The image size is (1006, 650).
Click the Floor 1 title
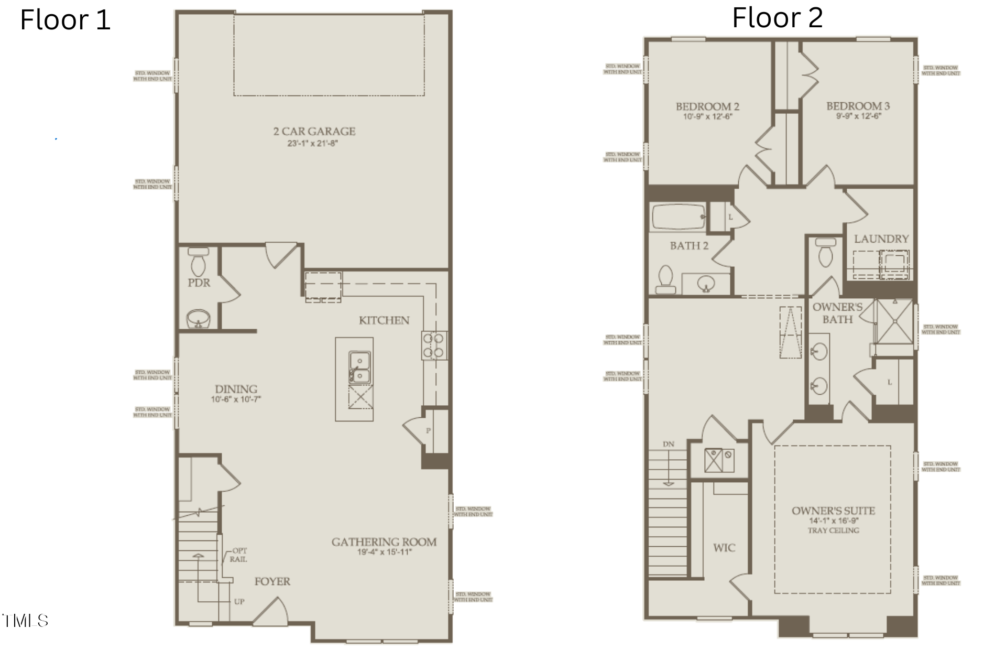65,20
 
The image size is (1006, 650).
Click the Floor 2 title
777,18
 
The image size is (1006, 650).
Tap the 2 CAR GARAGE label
314,131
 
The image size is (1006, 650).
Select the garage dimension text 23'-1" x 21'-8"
313,143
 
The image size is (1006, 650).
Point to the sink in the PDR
198,318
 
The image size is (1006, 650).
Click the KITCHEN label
384,320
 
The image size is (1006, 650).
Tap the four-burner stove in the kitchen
434,345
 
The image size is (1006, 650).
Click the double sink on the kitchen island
360,367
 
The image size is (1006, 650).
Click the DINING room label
236,389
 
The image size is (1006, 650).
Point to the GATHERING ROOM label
384,542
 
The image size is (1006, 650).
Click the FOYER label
272,581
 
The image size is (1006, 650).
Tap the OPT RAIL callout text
238,555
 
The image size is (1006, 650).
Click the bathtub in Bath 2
678,217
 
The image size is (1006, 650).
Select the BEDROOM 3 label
858,106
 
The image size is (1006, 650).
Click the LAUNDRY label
881,239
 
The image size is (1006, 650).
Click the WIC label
724,548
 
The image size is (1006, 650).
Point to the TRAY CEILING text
833,530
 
